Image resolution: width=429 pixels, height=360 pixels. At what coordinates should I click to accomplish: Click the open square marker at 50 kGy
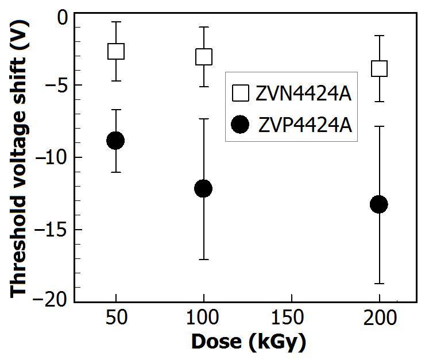click(116, 51)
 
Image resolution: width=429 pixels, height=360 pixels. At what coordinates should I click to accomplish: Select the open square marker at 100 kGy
click(203, 57)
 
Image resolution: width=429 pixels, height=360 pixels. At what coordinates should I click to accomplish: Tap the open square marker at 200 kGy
click(379, 68)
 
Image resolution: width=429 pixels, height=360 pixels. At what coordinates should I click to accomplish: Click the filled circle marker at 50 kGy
click(115, 140)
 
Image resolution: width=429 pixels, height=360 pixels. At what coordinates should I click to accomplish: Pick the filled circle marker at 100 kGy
click(203, 188)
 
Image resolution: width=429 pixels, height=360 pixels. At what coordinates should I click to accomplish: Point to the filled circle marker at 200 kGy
click(379, 204)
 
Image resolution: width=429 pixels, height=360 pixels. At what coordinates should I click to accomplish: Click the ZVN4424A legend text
click(303, 94)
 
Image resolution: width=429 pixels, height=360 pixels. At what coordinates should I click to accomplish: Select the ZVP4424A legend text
click(305, 126)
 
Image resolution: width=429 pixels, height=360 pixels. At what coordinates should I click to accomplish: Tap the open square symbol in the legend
click(241, 93)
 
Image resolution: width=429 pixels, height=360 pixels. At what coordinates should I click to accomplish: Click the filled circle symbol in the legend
click(240, 125)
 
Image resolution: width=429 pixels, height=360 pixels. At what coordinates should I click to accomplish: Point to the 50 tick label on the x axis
click(117, 317)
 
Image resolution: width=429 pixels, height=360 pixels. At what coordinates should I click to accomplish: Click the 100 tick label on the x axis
click(203, 317)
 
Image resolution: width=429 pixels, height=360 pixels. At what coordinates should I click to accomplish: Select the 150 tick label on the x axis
click(287, 317)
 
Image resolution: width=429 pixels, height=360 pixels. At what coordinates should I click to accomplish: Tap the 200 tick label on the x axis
click(380, 317)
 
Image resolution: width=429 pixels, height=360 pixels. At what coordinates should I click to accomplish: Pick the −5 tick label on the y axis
click(56, 85)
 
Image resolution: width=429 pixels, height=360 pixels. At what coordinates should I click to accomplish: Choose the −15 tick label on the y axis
click(50, 230)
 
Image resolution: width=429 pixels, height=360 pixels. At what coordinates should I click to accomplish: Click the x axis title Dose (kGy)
click(249, 342)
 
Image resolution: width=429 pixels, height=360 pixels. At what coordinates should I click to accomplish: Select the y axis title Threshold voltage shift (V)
click(19, 158)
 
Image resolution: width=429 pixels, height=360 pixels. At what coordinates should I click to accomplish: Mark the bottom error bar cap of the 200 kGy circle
click(379, 284)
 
